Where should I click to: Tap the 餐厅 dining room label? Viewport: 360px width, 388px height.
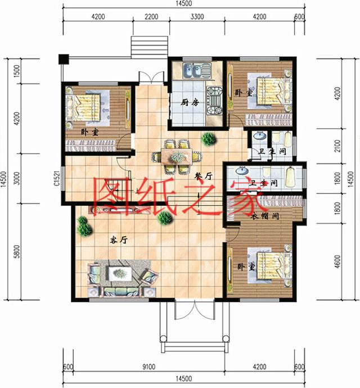click(x=203, y=175)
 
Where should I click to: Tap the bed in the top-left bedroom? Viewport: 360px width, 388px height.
click(x=85, y=106)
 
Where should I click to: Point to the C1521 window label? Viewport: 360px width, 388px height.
click(x=57, y=177)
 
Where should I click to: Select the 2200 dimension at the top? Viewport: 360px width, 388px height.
click(x=151, y=17)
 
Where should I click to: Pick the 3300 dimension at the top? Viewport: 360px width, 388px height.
click(x=197, y=17)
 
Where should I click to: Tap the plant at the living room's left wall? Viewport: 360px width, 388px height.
click(x=84, y=225)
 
